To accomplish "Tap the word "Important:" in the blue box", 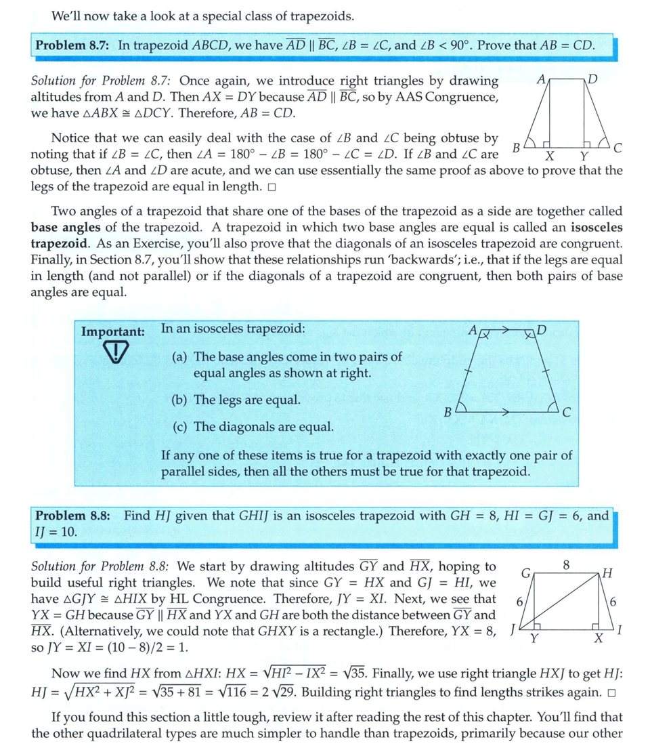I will tap(112, 332).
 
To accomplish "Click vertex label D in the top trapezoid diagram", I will tap(594, 79).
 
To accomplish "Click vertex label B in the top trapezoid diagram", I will tap(516, 147).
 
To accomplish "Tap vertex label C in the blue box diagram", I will tap(567, 412).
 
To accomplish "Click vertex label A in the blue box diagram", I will tap(472, 330).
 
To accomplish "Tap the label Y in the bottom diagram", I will tap(534, 639).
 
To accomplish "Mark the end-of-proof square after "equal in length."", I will tap(271, 186).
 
